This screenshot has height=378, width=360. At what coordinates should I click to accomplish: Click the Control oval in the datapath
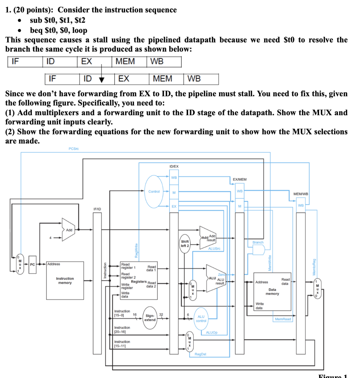point(154,191)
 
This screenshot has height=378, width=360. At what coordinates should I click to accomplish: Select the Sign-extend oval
point(150,317)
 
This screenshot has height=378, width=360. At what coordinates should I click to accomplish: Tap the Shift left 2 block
point(184,244)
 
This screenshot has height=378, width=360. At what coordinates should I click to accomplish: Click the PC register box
point(32,264)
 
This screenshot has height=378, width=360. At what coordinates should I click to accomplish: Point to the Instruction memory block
point(65,281)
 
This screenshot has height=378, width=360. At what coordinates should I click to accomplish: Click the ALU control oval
point(201,319)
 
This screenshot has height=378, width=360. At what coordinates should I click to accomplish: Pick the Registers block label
point(139,282)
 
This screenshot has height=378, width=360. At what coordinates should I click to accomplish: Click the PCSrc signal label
point(74,148)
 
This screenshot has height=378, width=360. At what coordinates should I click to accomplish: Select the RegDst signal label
point(200,354)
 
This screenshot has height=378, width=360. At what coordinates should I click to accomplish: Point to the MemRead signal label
point(283,319)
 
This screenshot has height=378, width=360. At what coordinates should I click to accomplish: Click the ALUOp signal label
point(212,333)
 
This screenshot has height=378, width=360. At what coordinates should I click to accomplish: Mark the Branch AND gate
point(258,250)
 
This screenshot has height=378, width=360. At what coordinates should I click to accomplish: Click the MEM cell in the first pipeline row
point(125,61)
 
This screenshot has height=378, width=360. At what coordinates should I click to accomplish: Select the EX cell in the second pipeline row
point(124,79)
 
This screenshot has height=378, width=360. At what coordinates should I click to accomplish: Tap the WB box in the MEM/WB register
point(301,205)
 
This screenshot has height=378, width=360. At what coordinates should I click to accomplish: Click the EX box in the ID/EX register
point(174,206)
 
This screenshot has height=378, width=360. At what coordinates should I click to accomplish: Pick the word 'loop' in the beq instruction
point(80,30)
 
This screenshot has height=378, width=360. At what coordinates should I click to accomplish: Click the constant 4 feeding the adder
point(50,237)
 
